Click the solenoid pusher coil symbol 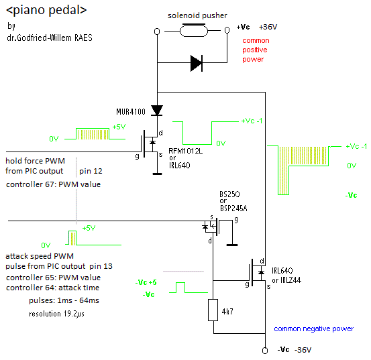tap(193, 30)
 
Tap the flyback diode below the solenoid tap(197, 63)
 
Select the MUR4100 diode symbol tap(157, 111)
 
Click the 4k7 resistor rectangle tap(213, 310)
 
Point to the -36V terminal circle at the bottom tap(265, 351)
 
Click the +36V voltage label tap(268, 27)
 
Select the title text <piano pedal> tap(46, 10)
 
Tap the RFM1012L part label tap(185, 151)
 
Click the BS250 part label tap(229, 194)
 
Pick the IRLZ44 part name tap(290, 280)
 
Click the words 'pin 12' tap(91, 171)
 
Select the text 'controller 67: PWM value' tap(53, 184)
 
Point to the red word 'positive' tap(255, 50)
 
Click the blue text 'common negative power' tap(314, 328)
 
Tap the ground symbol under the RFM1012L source tap(157, 174)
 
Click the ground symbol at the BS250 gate tap(232, 245)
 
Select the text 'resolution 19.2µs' tap(56, 314)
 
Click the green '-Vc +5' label tap(146, 282)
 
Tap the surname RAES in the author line tap(83, 38)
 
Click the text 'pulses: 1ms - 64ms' tap(64, 300)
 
